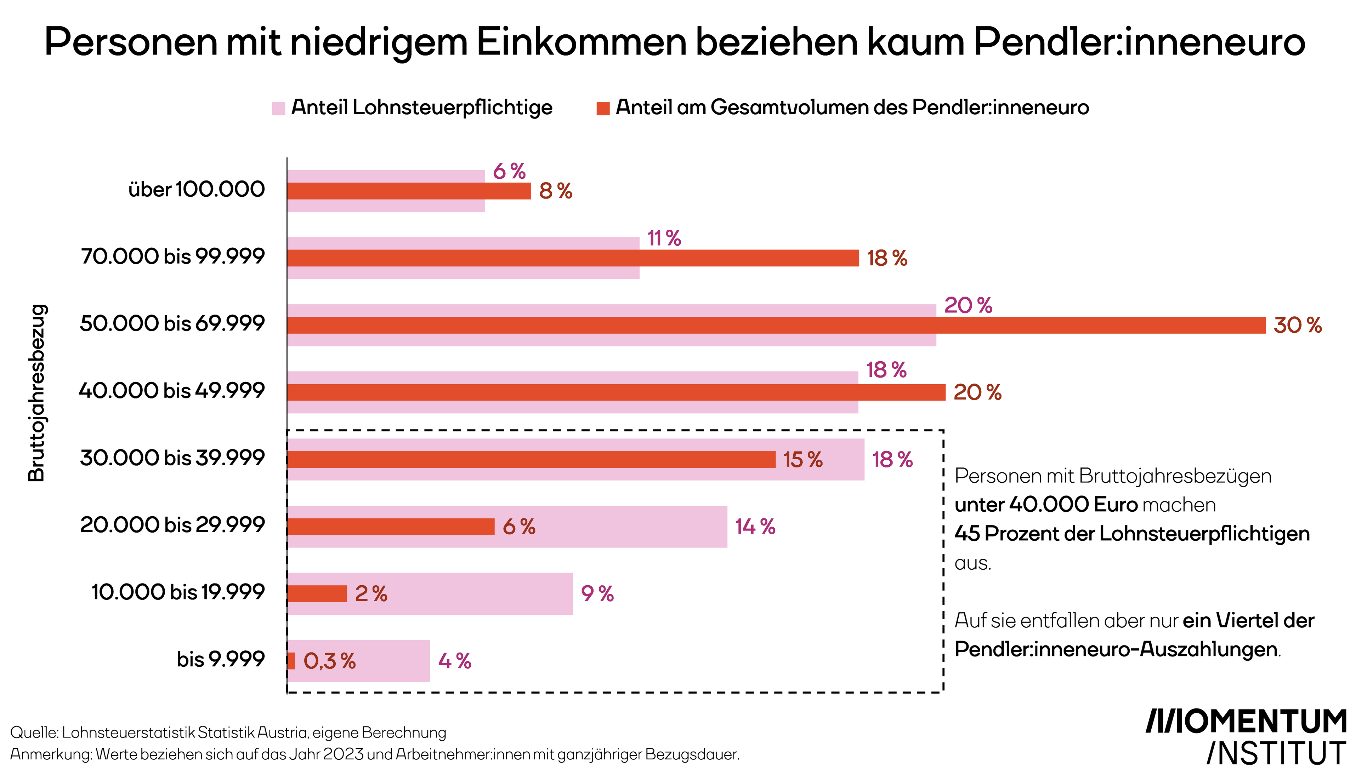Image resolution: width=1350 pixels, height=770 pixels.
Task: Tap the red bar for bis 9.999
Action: point(291,661)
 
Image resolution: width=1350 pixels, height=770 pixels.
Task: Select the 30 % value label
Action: point(1297,325)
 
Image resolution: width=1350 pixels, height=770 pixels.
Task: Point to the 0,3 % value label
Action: point(329,661)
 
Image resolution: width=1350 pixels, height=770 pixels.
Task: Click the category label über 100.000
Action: point(196,189)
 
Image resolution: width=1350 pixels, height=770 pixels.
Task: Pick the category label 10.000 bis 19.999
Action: point(178,592)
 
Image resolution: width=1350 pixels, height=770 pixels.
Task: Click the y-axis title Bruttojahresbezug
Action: point(37,393)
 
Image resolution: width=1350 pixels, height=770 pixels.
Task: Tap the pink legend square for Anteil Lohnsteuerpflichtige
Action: point(278,108)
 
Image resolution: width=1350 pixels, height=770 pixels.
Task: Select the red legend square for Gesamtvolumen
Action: point(603,108)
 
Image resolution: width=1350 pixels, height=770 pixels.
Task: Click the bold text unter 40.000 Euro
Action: point(1046,505)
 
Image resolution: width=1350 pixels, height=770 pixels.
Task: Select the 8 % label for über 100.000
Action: point(555,191)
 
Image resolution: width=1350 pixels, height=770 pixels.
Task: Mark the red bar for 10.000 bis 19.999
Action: point(317,593)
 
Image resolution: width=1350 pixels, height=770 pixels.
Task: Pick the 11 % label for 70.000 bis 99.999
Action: point(664,238)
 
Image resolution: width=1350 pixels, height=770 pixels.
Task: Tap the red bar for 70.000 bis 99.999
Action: point(573,258)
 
